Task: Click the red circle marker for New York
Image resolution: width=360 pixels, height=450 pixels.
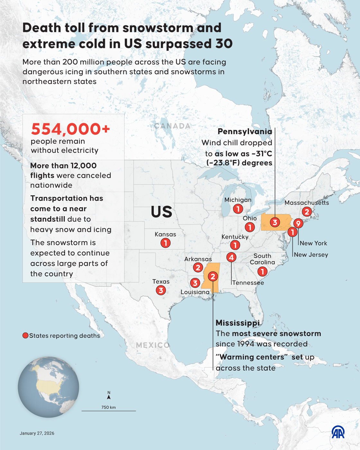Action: coord(298,223)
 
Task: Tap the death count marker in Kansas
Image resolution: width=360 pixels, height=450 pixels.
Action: coord(166,243)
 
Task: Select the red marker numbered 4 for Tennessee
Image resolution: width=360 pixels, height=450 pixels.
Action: coord(231,257)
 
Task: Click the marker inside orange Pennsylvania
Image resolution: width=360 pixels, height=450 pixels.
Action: coord(275,222)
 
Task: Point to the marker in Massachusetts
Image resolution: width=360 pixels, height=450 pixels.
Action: coord(307,212)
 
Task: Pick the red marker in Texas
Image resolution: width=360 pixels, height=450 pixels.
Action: coord(161,290)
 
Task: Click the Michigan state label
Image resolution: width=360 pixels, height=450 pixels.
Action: coord(238,200)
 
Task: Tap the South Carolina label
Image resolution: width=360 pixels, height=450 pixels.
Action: coord(262,259)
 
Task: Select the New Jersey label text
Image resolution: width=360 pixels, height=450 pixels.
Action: coord(311,255)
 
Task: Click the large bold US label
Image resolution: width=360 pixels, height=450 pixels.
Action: coord(161,212)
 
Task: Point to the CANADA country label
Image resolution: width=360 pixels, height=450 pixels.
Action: coord(172,126)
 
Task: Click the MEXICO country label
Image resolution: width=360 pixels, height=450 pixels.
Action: coord(153,345)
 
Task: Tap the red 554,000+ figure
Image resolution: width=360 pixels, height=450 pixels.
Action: coord(70,129)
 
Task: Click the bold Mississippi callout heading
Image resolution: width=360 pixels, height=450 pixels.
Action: coord(238,323)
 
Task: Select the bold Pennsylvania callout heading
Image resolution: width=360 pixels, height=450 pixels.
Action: coord(245,131)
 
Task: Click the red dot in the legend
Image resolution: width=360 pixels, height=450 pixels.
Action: coord(25,336)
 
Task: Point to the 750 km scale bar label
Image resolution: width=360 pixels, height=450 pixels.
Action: coord(109,407)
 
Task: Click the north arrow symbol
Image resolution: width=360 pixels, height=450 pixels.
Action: coord(109,396)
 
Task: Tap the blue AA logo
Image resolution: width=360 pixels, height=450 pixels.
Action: coord(338,432)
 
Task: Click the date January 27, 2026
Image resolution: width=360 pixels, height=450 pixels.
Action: coord(37,433)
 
